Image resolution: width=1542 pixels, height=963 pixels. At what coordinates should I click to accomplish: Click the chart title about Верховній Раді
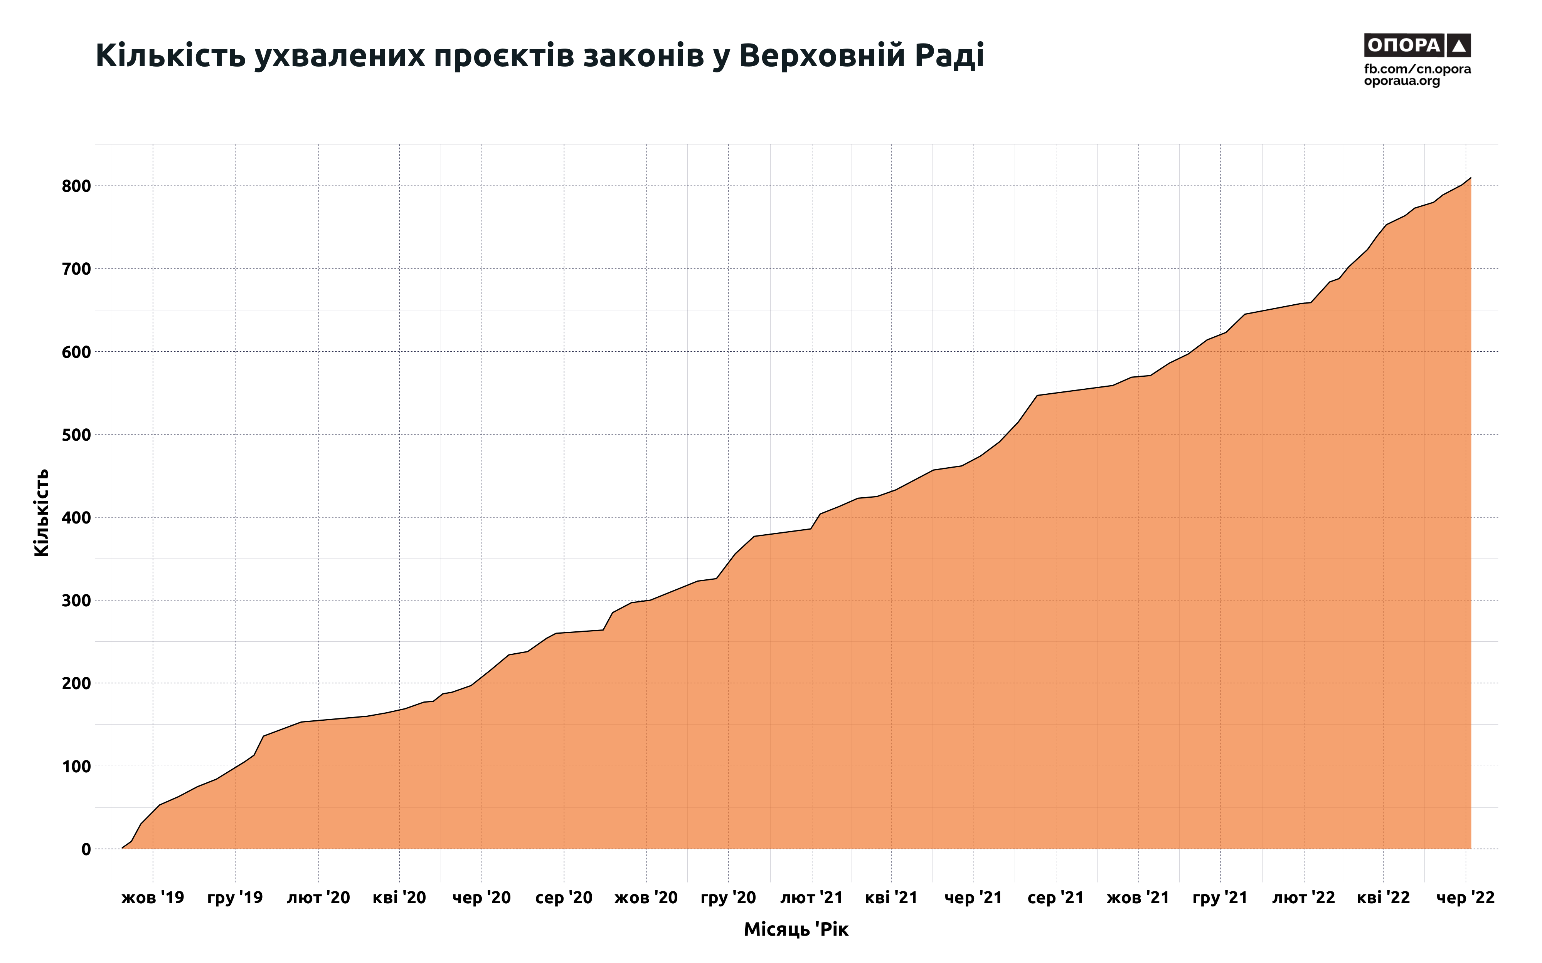(539, 56)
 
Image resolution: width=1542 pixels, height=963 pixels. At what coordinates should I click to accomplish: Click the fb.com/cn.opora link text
(1417, 69)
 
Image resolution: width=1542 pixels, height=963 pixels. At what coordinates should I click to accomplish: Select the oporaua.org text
(1402, 81)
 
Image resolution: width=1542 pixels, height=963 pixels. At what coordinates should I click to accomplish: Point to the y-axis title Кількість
(41, 513)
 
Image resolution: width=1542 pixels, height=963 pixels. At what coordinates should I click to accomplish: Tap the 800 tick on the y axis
(76, 186)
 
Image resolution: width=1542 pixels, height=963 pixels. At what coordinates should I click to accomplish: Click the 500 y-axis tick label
(76, 435)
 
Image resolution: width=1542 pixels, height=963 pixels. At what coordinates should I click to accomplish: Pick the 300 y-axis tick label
(76, 601)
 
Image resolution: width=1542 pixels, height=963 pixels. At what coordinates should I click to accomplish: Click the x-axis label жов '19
(153, 898)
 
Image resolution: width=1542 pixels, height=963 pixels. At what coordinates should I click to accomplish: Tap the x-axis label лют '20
(318, 898)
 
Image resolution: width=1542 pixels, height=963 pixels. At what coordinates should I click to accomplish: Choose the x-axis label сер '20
(564, 898)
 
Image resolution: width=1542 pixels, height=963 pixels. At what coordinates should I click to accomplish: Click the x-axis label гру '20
(728, 898)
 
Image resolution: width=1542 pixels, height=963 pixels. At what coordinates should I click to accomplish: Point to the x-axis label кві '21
(891, 898)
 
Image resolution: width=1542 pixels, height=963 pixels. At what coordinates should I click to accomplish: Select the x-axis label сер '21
(1056, 898)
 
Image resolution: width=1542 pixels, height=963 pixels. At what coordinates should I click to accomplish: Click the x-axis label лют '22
(1304, 898)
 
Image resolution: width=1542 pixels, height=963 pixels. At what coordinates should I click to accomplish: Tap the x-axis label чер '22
(1466, 898)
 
